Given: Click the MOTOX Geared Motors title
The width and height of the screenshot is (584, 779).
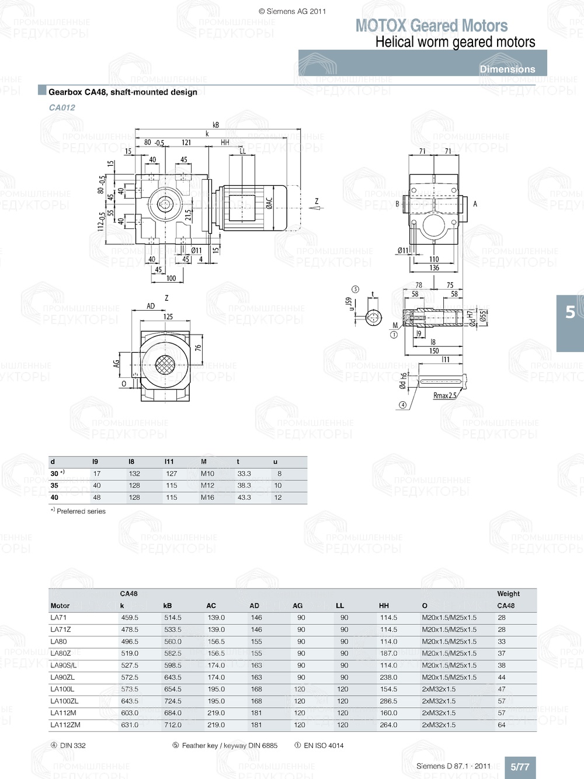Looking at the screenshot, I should click(x=432, y=26).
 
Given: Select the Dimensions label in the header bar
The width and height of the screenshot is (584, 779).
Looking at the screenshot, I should click(x=507, y=69).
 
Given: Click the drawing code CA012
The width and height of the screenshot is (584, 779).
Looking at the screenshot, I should click(x=62, y=107).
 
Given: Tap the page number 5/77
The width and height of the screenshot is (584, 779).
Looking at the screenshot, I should click(x=520, y=767).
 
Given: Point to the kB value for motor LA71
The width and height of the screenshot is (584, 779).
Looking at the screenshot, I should click(x=172, y=618).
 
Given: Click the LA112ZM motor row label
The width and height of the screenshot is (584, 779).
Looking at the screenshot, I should click(x=65, y=725).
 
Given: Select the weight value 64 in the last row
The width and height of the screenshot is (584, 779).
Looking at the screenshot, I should click(x=502, y=725).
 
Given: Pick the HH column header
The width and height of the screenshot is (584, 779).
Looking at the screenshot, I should click(x=384, y=606).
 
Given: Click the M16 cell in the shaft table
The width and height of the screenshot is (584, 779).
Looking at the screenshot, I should click(x=207, y=498).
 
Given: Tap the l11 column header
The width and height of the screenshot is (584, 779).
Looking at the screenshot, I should click(x=169, y=461).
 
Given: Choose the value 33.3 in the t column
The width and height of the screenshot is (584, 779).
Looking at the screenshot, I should click(x=244, y=474).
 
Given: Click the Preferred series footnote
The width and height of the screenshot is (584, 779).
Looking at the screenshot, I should click(x=81, y=511).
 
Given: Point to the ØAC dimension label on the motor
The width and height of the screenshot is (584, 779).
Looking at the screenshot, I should click(x=269, y=203).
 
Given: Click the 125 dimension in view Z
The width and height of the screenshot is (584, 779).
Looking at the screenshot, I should click(x=168, y=317).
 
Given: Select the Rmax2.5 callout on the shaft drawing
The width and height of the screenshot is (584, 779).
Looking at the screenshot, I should click(x=444, y=395).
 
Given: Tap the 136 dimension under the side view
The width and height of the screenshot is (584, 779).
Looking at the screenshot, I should click(x=434, y=268).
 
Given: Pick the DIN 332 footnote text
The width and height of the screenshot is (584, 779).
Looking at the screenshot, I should click(x=72, y=745).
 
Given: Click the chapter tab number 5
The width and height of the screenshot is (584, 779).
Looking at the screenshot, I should click(x=570, y=312).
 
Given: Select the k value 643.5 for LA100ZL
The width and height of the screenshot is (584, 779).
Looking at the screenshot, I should click(x=130, y=701).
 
